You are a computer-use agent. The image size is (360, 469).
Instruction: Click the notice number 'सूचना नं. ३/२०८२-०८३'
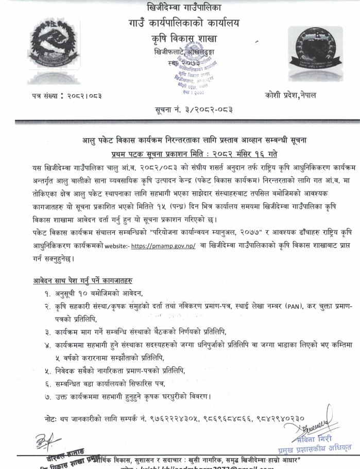180,110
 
